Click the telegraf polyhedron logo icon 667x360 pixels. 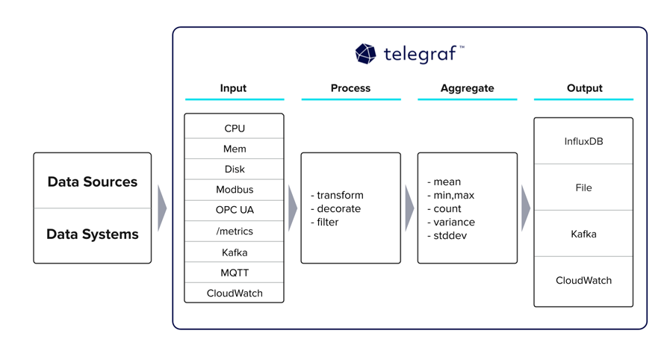pyautogui.click(x=365, y=54)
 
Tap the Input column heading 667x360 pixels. pyautogui.click(x=233, y=88)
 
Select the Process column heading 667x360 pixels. pyautogui.click(x=350, y=88)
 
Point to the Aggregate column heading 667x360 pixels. pyautogui.click(x=467, y=88)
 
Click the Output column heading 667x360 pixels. pyautogui.click(x=584, y=88)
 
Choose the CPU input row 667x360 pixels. pyautogui.click(x=235, y=128)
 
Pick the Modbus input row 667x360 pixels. pyautogui.click(x=235, y=190)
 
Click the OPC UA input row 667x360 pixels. pyautogui.click(x=235, y=210)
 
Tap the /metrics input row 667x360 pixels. pyautogui.click(x=235, y=231)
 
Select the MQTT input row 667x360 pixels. pyautogui.click(x=235, y=273)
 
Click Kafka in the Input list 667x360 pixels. pyautogui.click(x=235, y=252)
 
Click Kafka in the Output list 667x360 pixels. pyautogui.click(x=583, y=234)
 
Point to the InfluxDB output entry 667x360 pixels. pyautogui.click(x=583, y=141)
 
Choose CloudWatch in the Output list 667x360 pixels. pyautogui.click(x=583, y=280)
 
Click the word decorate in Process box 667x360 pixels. pyautogui.click(x=338, y=208)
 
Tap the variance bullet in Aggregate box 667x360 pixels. pyautogui.click(x=453, y=222)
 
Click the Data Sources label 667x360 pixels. pyautogui.click(x=93, y=181)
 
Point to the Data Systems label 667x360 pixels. pyautogui.click(x=93, y=234)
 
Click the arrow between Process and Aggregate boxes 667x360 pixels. pyautogui.click(x=409, y=208)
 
